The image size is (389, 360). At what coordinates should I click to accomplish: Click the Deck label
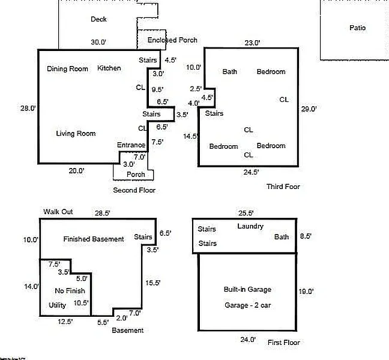(x=98, y=19)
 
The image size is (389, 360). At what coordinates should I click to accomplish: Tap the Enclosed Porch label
(x=172, y=40)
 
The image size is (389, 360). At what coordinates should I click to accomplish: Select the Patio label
(x=357, y=28)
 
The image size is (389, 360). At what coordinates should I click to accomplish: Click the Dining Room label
(x=67, y=68)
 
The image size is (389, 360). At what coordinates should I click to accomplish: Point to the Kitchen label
(x=109, y=68)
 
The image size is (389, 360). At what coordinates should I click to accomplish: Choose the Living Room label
(x=76, y=133)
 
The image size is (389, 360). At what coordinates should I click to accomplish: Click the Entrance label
(x=131, y=145)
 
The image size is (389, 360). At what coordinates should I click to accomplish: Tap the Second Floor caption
(x=134, y=190)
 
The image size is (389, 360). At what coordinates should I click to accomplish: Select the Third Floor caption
(x=283, y=187)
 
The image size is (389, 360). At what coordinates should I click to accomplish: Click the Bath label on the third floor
(x=230, y=72)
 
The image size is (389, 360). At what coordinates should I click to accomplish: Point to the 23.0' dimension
(x=252, y=43)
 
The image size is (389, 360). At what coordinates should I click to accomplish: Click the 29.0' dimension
(x=309, y=109)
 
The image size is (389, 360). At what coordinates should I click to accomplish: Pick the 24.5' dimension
(x=251, y=172)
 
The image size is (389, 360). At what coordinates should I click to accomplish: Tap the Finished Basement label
(x=94, y=239)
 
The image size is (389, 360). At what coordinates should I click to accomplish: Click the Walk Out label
(x=58, y=212)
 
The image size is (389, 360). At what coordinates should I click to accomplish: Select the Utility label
(x=57, y=305)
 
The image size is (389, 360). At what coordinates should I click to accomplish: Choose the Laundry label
(x=250, y=226)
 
